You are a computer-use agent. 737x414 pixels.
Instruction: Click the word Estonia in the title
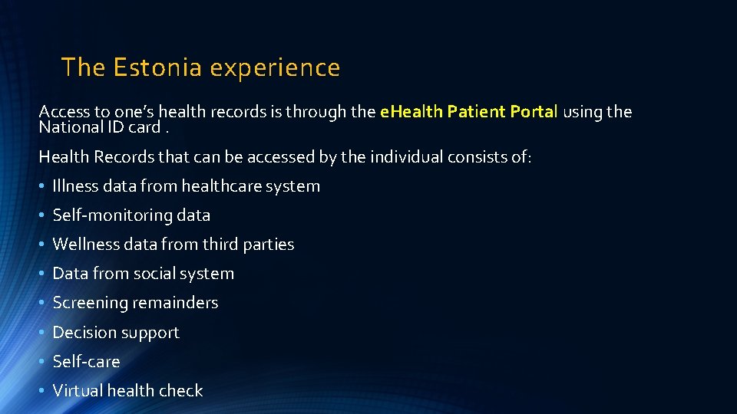click(x=157, y=67)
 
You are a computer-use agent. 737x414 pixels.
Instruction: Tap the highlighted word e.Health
click(x=411, y=112)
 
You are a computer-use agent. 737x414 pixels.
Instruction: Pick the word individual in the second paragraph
click(x=408, y=156)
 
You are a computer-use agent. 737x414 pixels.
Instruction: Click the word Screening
click(x=90, y=304)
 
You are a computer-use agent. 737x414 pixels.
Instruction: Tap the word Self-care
click(x=86, y=362)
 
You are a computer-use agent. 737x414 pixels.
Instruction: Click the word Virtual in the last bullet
click(x=78, y=390)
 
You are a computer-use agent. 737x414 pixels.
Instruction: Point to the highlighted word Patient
click(x=475, y=112)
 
